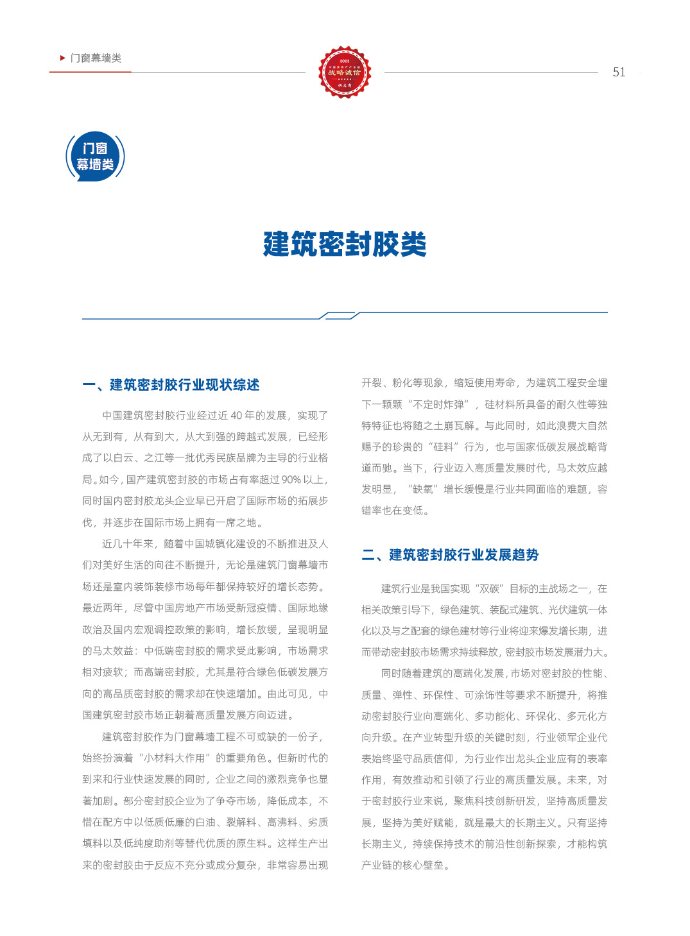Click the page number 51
619,72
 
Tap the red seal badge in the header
345,72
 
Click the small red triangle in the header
62,58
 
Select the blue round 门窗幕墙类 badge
95,156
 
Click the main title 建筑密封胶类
345,244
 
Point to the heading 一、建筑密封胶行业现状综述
171,385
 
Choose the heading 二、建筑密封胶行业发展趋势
450,555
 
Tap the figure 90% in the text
291,480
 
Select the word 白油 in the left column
205,822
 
